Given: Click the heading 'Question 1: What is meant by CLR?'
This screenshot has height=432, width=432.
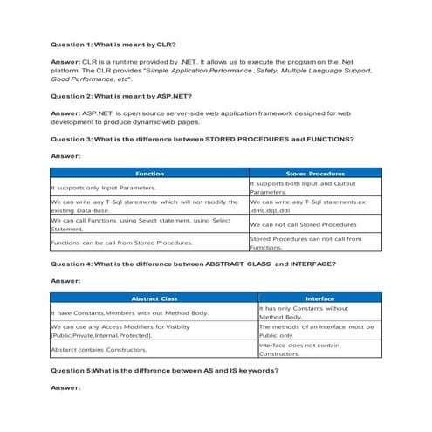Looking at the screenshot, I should tap(113, 44).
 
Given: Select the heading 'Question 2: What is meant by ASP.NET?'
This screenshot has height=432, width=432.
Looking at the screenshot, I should tap(121, 95).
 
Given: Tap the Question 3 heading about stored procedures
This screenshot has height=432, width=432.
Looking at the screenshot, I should tap(202, 139).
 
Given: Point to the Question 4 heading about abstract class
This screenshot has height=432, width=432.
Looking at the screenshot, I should tap(193, 264).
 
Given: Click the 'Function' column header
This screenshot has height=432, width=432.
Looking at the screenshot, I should tap(149, 174).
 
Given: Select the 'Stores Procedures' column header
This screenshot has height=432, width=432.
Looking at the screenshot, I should tap(314, 174).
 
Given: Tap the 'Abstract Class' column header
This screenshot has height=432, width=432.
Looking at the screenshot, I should tap(154, 298).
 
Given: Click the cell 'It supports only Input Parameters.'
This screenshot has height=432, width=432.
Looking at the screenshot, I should tap(104, 188).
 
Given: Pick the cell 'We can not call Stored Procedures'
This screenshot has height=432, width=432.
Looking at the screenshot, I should tap(303, 224).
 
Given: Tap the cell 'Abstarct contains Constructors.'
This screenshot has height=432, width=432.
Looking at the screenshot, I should tap(99, 349).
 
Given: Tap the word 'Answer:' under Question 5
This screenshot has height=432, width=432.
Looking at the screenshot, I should tap(65, 387).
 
